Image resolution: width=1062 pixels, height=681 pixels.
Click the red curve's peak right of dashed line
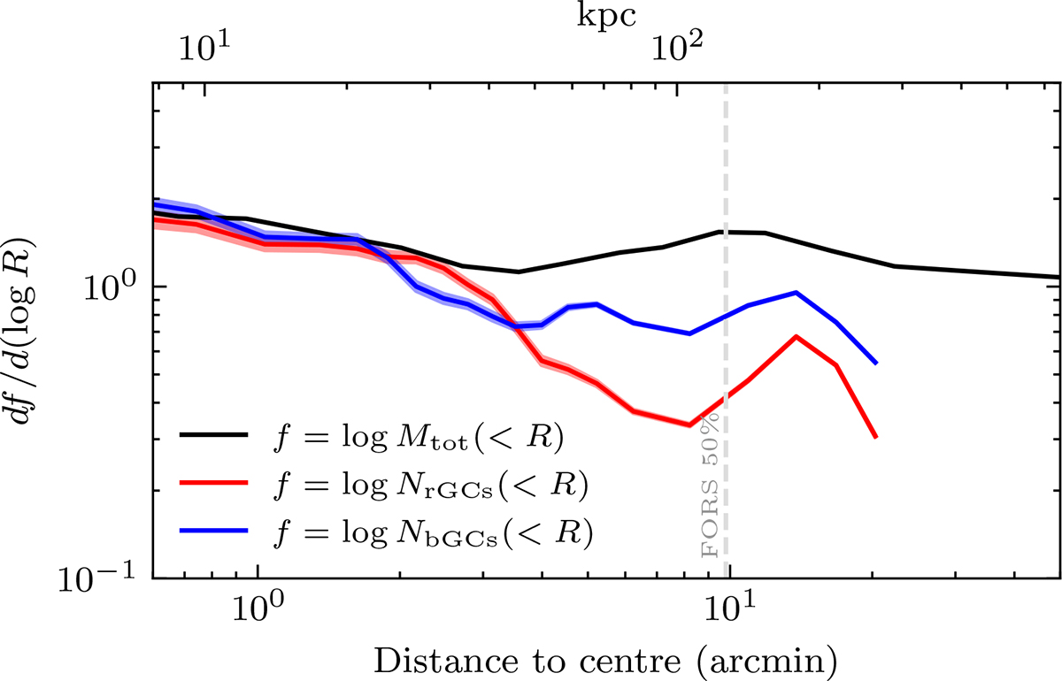coord(796,336)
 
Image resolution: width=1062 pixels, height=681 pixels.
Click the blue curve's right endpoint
coord(876,363)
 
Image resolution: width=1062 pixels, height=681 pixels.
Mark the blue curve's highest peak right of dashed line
coord(796,292)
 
